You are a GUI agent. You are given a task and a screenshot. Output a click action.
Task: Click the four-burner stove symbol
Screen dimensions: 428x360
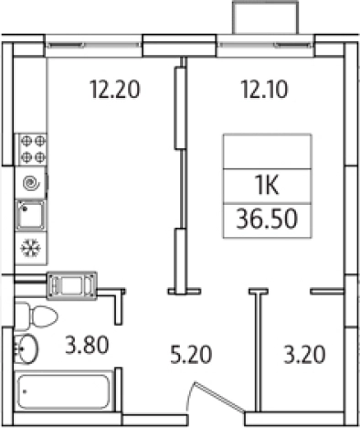coord(34,149)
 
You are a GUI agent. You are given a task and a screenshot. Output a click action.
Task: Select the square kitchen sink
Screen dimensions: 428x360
coord(31,216)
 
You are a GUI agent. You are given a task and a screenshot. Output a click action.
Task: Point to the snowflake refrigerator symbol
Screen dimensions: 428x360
coord(30,248)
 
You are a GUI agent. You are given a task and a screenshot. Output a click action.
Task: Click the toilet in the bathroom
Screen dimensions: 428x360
coord(41,316)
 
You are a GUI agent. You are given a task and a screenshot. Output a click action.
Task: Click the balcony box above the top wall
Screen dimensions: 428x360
coord(266,18)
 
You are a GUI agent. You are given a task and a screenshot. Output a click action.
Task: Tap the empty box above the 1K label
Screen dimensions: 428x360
coord(267,150)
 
